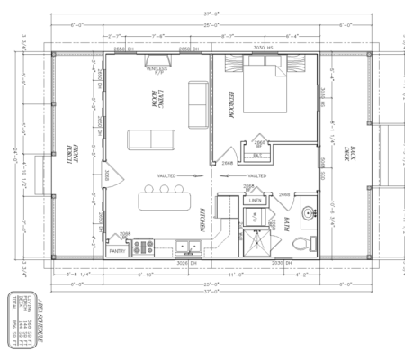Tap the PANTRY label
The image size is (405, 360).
pyautogui.click(x=117, y=251)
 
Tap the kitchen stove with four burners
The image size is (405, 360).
pyautogui.click(x=143, y=247)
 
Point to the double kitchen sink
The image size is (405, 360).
pyautogui.click(x=188, y=246)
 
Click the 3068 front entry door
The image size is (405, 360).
pyautogui.click(x=106, y=174)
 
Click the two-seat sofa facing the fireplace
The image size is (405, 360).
pyautogui.click(x=151, y=139)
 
